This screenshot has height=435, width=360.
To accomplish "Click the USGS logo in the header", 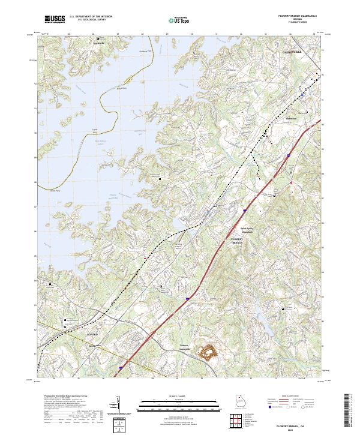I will point(55,20).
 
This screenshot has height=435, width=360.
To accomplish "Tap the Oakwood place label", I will point(292,118).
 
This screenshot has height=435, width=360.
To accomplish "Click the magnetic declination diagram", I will point(124,411).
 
